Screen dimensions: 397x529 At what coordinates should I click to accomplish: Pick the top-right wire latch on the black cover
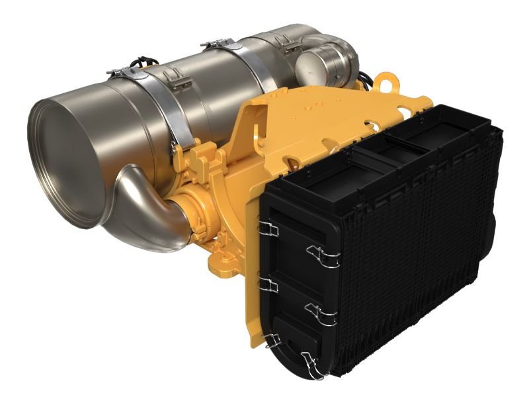tap(324, 255)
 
